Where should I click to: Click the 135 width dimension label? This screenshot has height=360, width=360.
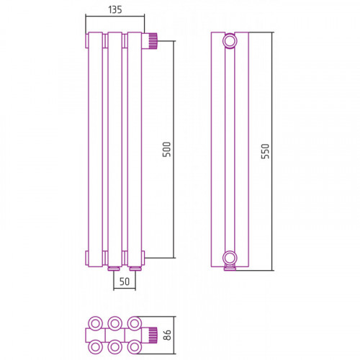click(115, 10)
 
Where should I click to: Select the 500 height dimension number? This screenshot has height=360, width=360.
click(166, 149)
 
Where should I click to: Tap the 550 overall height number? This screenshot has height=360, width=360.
click(265, 151)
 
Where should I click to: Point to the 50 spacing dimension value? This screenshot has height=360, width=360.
click(125, 282)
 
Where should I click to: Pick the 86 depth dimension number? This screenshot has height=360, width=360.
click(167, 335)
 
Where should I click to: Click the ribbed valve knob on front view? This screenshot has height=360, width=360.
click(153, 41)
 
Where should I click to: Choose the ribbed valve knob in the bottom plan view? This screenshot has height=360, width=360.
click(153, 335)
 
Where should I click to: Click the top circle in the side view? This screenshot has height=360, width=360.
click(230, 41)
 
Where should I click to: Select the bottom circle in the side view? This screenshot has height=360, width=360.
click(230, 258)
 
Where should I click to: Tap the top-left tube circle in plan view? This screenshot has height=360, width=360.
click(96, 323)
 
